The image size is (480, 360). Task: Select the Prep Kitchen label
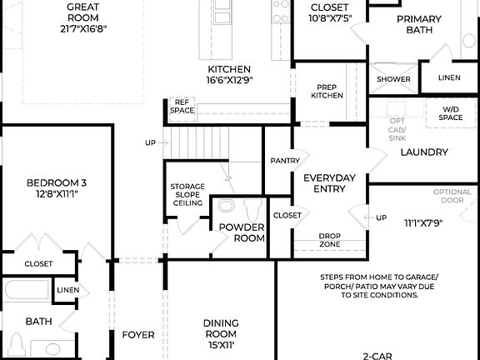tap(327, 91)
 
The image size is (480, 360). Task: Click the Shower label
tap(393, 79)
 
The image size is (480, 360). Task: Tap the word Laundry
tap(424, 152)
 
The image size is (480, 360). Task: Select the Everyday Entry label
tap(329, 183)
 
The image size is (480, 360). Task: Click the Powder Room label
tap(242, 232)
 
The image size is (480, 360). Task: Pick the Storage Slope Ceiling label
tap(187, 195)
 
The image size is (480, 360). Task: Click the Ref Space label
tap(182, 106)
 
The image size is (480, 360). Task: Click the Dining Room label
tap(221, 328)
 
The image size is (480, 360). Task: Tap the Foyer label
tap(138, 335)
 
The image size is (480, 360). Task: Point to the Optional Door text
tap(452, 197)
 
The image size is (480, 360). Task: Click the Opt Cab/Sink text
tap(397, 129)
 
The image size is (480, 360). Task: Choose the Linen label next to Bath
tap(67, 290)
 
